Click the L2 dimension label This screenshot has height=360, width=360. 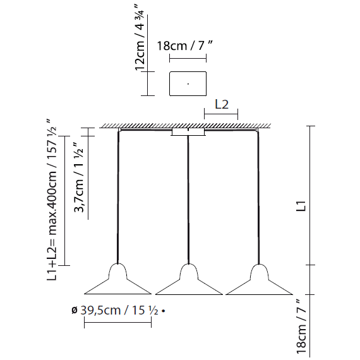pyautogui.click(x=222, y=105)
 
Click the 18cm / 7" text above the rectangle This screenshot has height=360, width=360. pyautogui.click(x=184, y=45)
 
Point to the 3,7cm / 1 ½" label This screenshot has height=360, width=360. pyautogui.click(x=79, y=178)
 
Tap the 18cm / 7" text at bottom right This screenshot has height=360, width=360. pyautogui.click(x=301, y=327)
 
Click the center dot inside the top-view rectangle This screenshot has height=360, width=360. pyautogui.click(x=188, y=84)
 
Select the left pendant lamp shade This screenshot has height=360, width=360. pyautogui.click(x=117, y=280)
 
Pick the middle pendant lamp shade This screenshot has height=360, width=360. pyautogui.click(x=189, y=280)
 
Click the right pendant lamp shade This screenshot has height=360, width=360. pyautogui.click(x=259, y=280)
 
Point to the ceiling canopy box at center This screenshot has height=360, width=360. pyautogui.click(x=188, y=132)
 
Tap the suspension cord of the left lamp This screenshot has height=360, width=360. pyautogui.click(x=118, y=198)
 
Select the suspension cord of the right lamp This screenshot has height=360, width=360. pyautogui.click(x=258, y=198)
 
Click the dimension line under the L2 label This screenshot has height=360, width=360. pyautogui.click(x=221, y=114)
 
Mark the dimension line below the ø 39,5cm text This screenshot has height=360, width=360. pyautogui.click(x=117, y=322)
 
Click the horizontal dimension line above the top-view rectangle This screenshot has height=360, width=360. pyautogui.click(x=188, y=58)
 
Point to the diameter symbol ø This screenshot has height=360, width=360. pyautogui.click(x=74, y=311)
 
